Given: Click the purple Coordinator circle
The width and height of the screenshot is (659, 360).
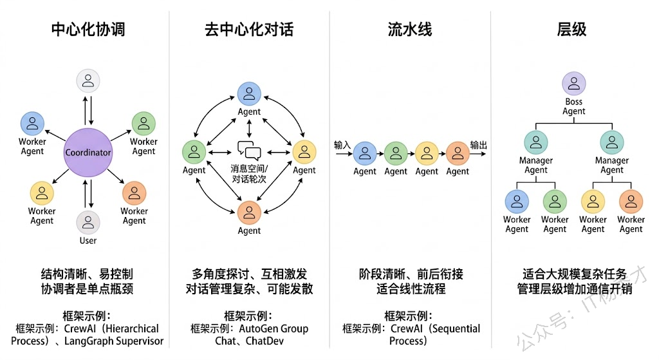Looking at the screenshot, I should click(88, 153).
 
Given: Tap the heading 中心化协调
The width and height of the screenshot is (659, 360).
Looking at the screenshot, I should click(88, 29).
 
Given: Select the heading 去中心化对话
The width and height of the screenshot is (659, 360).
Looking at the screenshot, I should click(249, 29).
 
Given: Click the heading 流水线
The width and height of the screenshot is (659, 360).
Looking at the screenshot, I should click(410, 29).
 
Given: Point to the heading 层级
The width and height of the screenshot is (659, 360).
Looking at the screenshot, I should click(571, 29).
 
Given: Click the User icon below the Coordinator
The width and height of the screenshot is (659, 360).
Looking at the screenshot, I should click(88, 222).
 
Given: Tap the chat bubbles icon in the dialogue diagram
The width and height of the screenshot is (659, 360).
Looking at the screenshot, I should click(249, 151).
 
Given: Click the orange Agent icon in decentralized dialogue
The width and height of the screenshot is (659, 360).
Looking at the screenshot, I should click(249, 212).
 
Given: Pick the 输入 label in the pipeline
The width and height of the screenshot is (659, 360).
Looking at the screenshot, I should click(342, 145).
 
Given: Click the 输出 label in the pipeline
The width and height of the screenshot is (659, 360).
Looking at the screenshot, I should click(478, 145).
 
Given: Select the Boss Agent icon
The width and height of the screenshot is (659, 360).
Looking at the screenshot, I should click(573, 84).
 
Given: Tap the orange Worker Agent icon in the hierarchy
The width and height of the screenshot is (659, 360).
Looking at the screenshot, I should click(631, 201).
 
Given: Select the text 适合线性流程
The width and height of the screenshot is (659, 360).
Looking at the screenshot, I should click(411, 289).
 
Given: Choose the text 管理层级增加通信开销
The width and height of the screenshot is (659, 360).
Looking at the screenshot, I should click(574, 289).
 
